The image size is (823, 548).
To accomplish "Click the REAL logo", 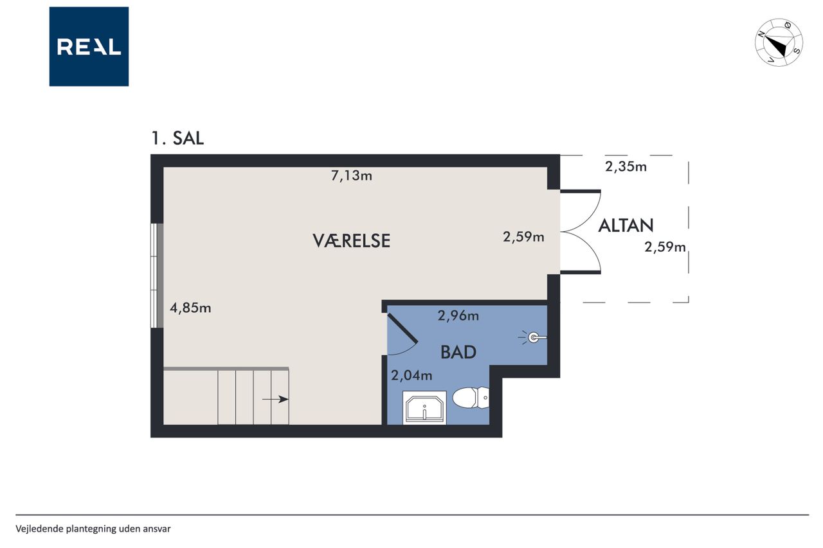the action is click(89, 47).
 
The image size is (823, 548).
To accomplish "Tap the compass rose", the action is click(779, 42).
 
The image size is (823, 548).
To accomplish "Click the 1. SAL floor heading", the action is click(177, 138).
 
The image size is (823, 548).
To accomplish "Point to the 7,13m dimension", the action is click(352, 176).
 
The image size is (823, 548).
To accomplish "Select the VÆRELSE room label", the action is click(351, 241).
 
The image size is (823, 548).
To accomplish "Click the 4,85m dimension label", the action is click(190, 308).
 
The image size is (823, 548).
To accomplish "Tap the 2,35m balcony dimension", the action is click(626, 166).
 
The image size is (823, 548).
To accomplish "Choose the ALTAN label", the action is click(626, 225).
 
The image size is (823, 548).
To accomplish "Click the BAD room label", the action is click(458, 352).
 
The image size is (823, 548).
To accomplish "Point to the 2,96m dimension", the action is click(458, 315).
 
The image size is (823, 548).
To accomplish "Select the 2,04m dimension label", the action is click(411, 375).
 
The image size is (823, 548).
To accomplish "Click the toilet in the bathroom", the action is click(471, 398).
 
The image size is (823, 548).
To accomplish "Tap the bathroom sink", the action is click(424, 408).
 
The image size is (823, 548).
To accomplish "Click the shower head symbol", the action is click(533, 337).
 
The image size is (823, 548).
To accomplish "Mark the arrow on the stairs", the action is click(275, 399).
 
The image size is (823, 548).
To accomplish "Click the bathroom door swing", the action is click(402, 334).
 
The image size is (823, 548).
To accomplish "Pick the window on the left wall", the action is click(157, 275).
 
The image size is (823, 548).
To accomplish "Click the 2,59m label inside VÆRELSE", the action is click(523, 237).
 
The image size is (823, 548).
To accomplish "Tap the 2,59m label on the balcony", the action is click(665, 247).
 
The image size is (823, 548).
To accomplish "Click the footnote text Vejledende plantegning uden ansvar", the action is click(93, 529).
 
